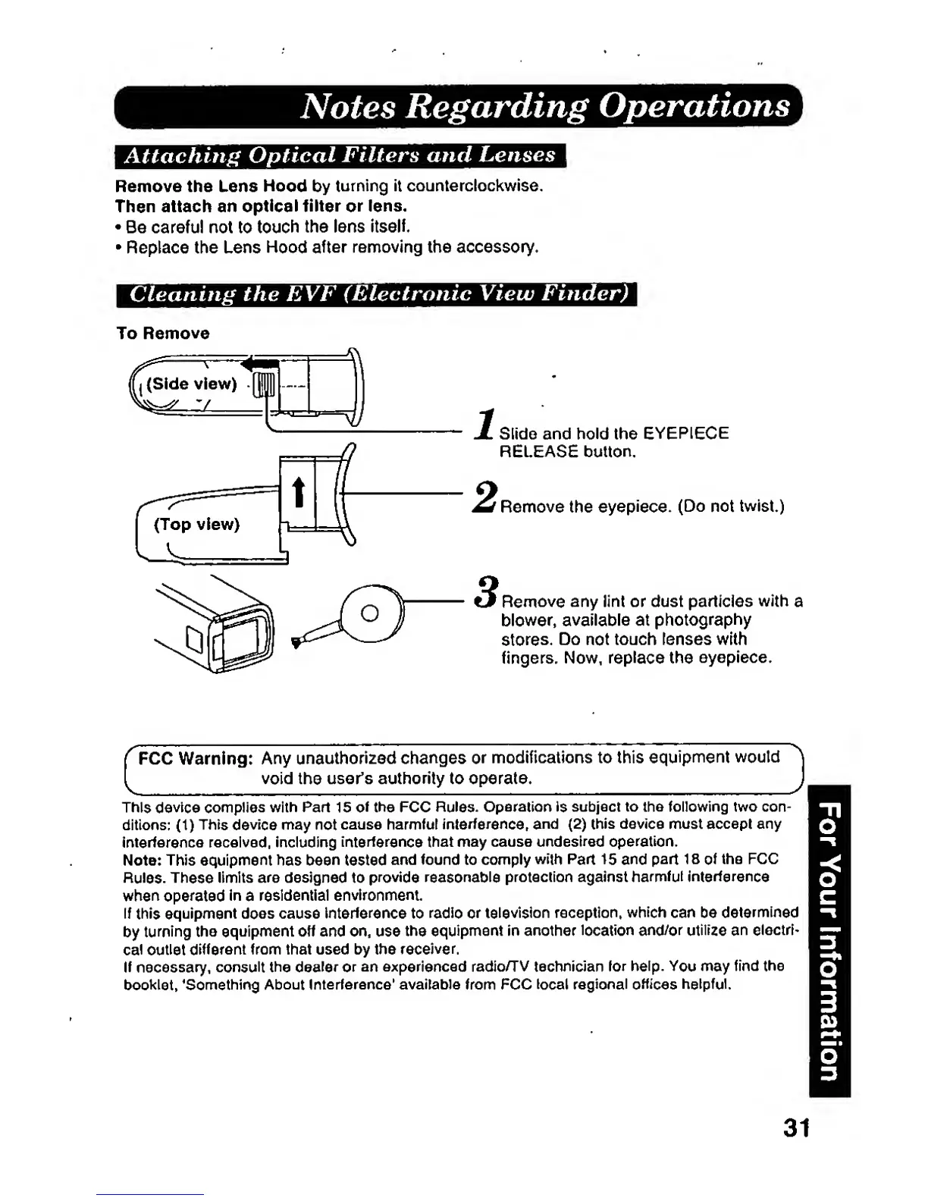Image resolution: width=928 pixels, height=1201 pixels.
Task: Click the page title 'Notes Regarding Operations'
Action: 544,107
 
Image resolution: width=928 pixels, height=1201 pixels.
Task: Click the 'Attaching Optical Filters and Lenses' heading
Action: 340,155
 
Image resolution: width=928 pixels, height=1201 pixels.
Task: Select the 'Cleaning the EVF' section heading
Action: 377,294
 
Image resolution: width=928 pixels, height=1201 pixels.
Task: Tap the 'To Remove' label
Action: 162,334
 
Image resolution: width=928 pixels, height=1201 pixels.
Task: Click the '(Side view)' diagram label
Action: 191,384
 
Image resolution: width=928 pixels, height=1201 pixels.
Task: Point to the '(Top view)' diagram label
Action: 196,525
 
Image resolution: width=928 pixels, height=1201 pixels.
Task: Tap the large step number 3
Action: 488,593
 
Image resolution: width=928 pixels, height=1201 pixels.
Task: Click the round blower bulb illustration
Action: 369,613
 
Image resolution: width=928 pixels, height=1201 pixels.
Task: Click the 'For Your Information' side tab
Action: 829,940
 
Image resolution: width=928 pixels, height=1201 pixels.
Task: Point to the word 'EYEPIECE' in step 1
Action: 685,434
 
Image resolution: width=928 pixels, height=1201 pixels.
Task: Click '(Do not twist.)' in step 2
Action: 731,506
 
